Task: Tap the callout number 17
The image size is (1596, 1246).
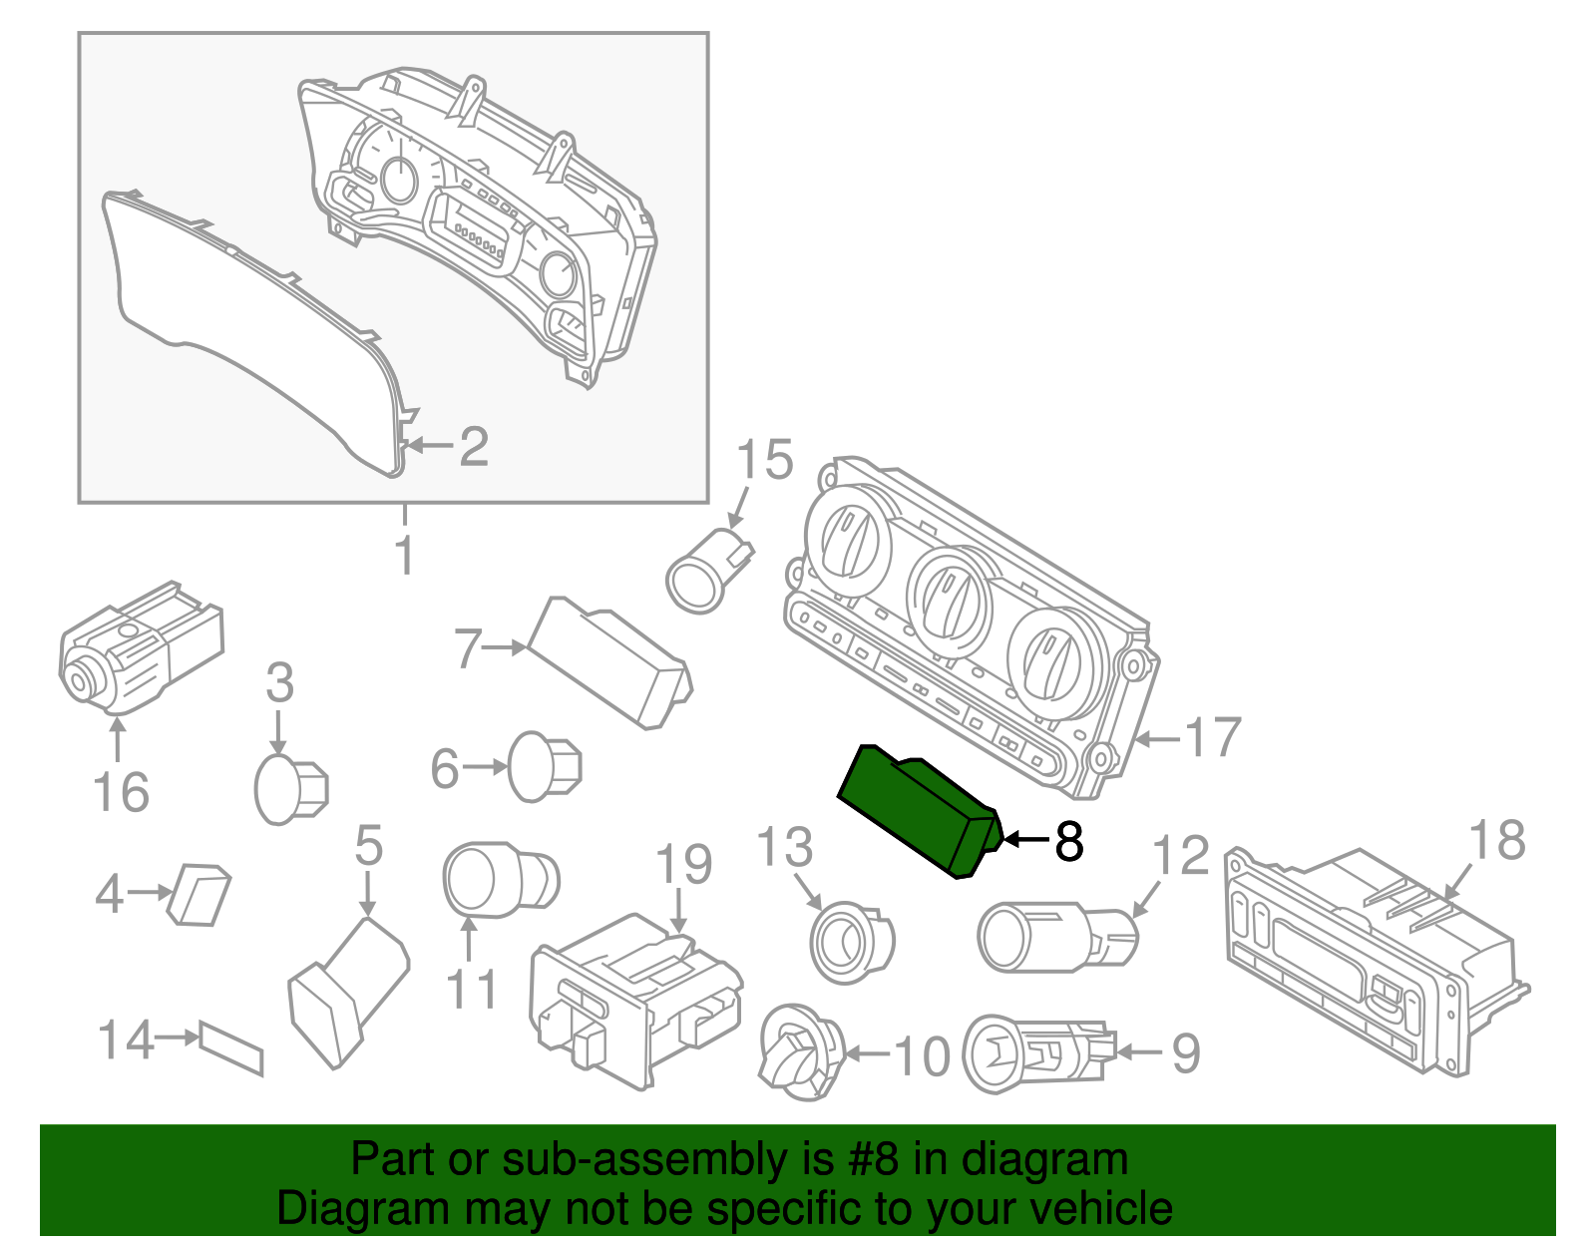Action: click(x=1212, y=739)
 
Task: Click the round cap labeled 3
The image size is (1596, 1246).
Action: click(x=290, y=787)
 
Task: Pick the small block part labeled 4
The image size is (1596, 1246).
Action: click(x=200, y=894)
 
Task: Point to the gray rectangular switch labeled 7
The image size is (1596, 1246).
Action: click(x=608, y=662)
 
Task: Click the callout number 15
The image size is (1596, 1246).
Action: click(x=765, y=460)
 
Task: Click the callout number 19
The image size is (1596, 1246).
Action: click(x=684, y=864)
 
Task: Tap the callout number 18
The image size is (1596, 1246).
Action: click(x=1497, y=840)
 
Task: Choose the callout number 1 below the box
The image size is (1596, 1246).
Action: click(x=404, y=556)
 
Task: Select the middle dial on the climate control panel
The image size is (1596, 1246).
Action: click(x=949, y=600)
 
